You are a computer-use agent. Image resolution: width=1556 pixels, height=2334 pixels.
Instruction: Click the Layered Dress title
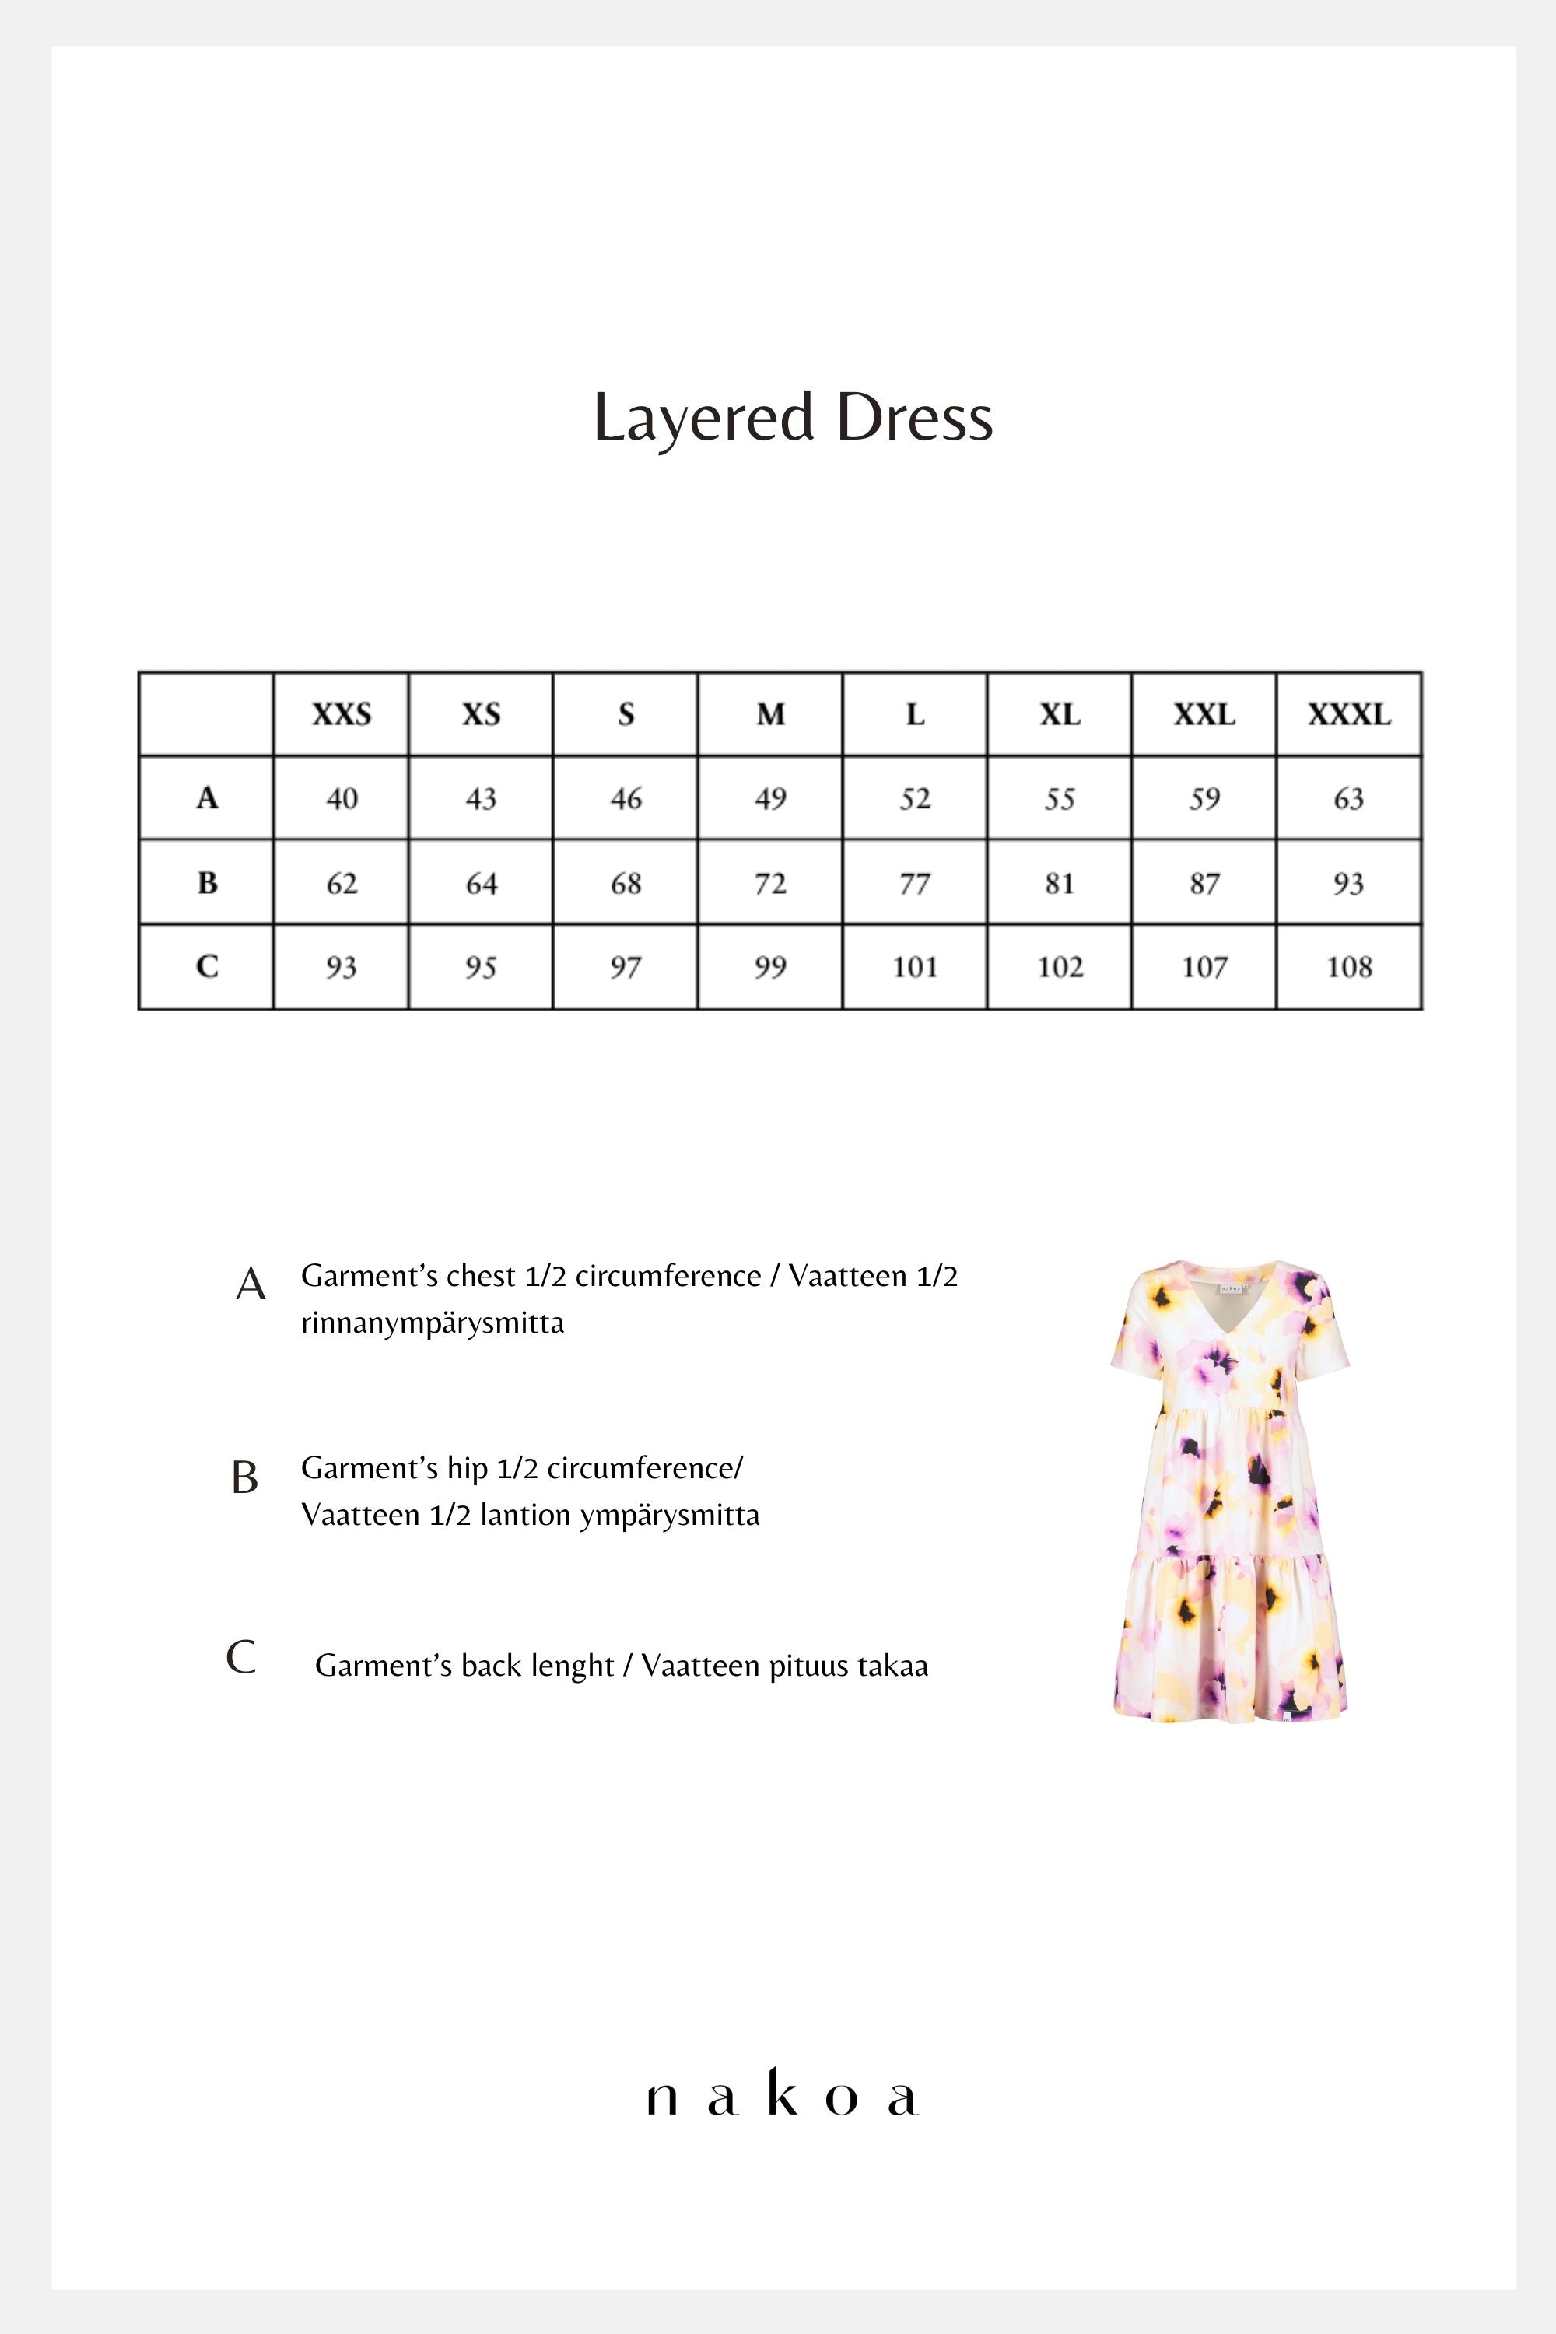793,418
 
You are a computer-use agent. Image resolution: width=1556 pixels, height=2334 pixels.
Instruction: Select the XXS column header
342,714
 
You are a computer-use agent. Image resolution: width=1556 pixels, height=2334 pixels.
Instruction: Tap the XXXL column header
1348,714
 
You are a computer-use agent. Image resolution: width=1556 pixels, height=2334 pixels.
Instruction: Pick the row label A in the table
206,798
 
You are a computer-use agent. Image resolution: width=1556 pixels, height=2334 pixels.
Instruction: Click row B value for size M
770,883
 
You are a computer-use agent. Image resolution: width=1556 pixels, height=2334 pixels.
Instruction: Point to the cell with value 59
1204,799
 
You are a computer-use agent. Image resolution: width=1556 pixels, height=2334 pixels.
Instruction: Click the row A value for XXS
342,799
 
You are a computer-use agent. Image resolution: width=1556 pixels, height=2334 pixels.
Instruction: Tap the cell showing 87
1204,883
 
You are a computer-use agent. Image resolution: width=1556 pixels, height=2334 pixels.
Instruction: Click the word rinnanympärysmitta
433,1323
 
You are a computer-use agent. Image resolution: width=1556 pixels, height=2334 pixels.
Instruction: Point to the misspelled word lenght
569,1666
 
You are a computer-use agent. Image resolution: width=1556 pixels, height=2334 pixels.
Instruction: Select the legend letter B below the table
244,1477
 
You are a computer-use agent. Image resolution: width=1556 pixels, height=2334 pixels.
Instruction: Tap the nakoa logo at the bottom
782,2096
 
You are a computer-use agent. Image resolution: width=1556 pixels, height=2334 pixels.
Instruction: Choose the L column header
915,714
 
